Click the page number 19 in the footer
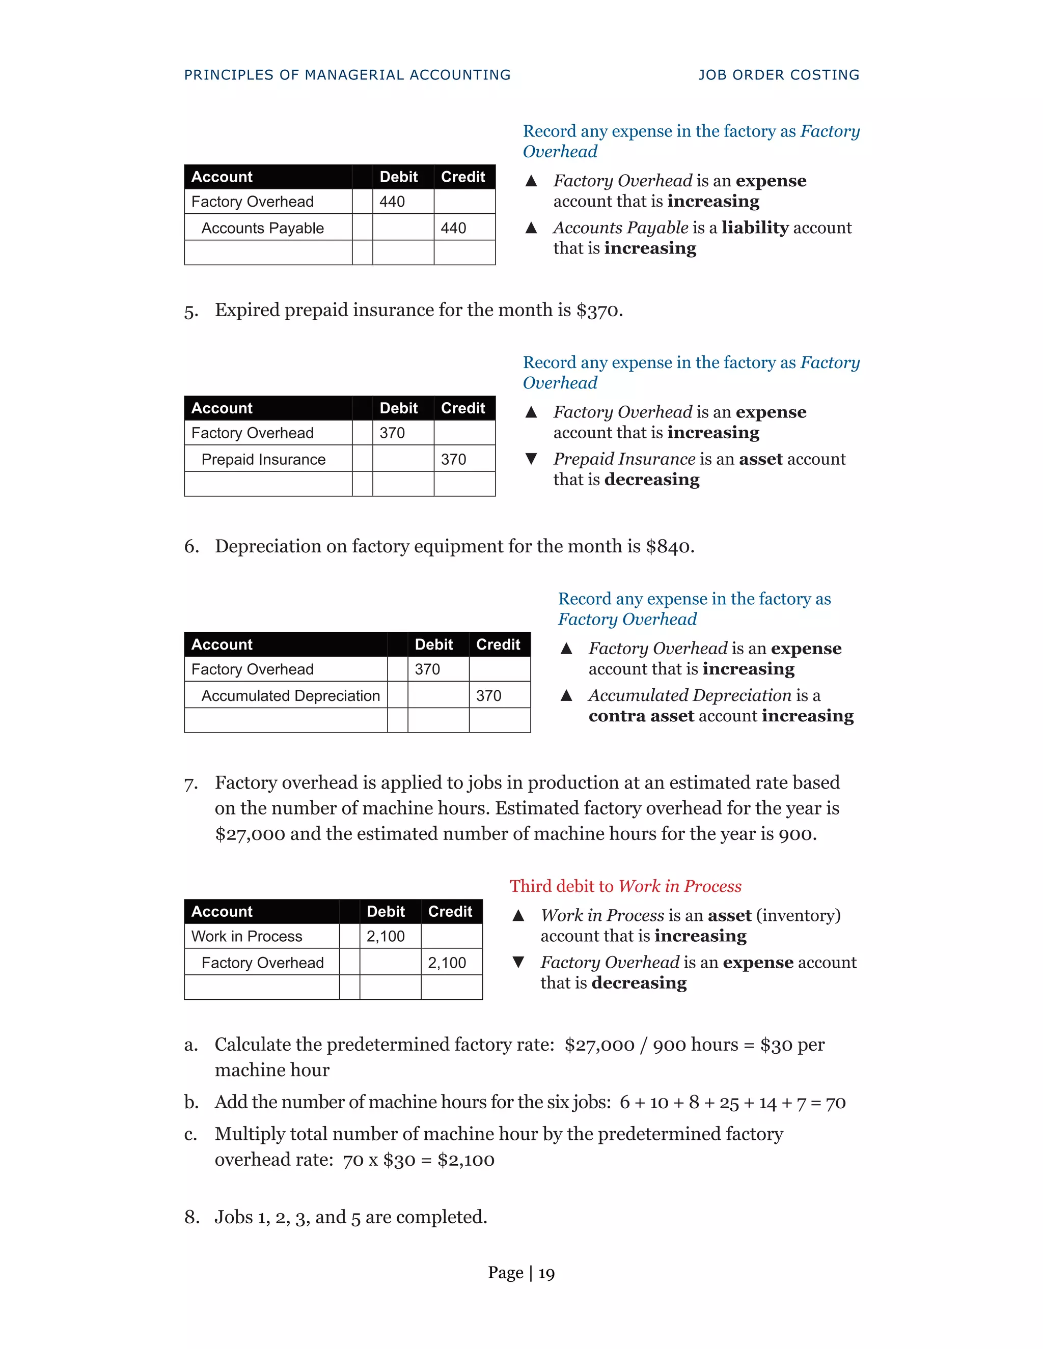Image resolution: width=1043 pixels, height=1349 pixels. (x=546, y=1273)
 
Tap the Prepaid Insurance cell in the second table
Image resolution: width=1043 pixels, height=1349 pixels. (x=263, y=459)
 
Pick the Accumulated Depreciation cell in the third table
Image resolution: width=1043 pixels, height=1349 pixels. (x=290, y=695)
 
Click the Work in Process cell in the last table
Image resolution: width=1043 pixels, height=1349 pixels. (x=246, y=936)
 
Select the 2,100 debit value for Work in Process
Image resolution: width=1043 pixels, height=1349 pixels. (x=386, y=936)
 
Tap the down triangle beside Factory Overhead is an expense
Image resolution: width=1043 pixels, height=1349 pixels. (x=518, y=962)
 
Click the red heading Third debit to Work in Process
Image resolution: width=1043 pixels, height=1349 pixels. (x=625, y=886)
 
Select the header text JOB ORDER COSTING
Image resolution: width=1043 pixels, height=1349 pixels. (x=779, y=75)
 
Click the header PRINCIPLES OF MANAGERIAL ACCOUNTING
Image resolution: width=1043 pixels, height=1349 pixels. (x=347, y=75)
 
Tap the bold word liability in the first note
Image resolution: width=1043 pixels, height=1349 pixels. (x=754, y=228)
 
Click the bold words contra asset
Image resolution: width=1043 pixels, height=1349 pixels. (x=641, y=715)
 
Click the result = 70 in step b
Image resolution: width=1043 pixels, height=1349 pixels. (x=828, y=1103)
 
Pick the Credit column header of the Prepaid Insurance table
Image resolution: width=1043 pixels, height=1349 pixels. (x=463, y=408)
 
